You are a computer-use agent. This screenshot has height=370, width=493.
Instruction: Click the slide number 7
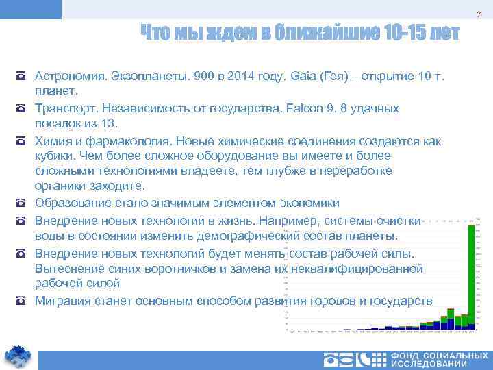click(480, 15)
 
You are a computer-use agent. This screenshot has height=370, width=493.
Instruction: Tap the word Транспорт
click(64, 108)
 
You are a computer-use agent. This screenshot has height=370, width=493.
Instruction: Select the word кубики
click(54, 156)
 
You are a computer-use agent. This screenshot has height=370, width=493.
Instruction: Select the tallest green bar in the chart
click(471, 274)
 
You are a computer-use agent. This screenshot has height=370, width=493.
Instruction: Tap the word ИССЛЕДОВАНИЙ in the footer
click(440, 364)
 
